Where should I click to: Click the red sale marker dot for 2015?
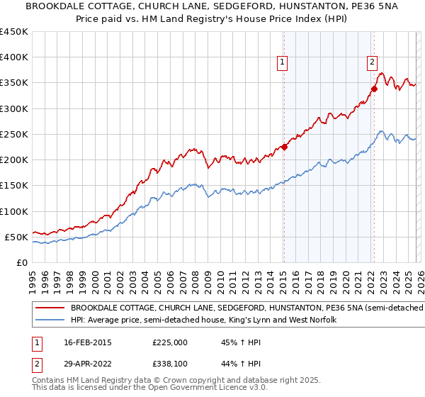(x=284, y=147)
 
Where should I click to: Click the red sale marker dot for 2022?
(x=374, y=89)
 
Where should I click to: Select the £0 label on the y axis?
(x=21, y=262)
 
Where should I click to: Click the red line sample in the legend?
(x=49, y=308)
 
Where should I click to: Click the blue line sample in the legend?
(x=49, y=320)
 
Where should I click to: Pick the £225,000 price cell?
(x=170, y=342)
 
